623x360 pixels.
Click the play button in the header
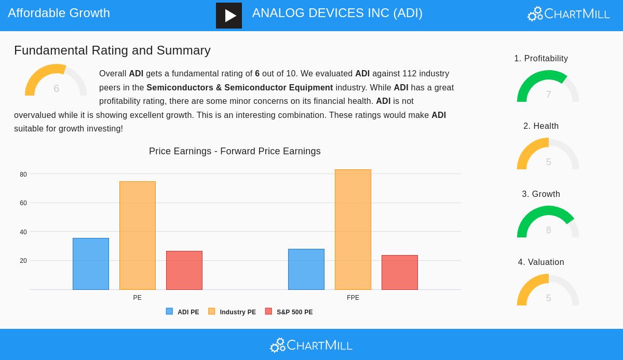(x=229, y=16)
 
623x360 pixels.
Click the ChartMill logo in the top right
(x=568, y=14)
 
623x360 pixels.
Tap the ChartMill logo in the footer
(x=311, y=345)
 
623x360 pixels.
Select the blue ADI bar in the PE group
(x=91, y=264)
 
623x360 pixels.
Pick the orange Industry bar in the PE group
(x=138, y=235)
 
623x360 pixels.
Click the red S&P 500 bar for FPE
(x=400, y=272)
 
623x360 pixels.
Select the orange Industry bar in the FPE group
(x=353, y=230)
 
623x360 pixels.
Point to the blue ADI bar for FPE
(x=306, y=269)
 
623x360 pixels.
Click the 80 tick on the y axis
(x=23, y=175)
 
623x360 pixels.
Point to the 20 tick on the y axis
(x=23, y=261)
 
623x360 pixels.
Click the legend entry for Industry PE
(x=232, y=312)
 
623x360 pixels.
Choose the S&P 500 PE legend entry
(x=289, y=312)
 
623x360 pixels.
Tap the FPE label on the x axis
(x=353, y=298)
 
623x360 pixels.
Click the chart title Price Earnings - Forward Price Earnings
(x=235, y=151)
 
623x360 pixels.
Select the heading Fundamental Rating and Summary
(x=112, y=50)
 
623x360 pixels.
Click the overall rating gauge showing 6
(x=56, y=82)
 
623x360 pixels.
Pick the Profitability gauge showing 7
(x=548, y=87)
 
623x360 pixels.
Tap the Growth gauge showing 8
(x=548, y=223)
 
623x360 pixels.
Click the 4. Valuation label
(x=541, y=262)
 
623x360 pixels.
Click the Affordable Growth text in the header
(x=59, y=13)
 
